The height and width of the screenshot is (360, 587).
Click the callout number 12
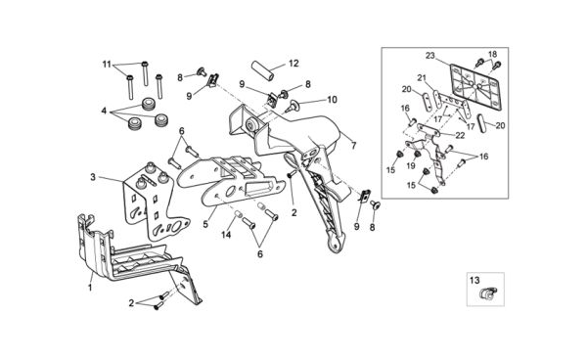click(293, 64)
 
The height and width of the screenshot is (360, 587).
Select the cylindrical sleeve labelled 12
click(262, 70)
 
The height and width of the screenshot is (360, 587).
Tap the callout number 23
click(430, 56)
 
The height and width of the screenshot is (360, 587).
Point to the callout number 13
click(474, 280)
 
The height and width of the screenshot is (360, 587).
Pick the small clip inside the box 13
click(488, 293)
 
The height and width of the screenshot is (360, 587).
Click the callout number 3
click(93, 177)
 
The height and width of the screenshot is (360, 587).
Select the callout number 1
click(90, 288)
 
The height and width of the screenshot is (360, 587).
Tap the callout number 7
click(354, 146)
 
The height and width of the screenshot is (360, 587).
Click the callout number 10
click(332, 100)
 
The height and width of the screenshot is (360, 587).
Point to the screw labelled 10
click(291, 107)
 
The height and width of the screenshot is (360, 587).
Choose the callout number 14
click(226, 235)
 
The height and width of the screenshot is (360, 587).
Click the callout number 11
click(107, 65)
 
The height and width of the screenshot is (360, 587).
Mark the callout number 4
click(104, 112)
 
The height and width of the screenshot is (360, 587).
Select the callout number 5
click(205, 224)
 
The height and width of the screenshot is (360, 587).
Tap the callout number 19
click(411, 165)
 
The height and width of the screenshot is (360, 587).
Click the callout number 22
click(460, 135)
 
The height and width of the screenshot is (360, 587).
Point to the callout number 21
click(422, 78)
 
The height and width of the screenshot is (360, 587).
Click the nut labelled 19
click(417, 154)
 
